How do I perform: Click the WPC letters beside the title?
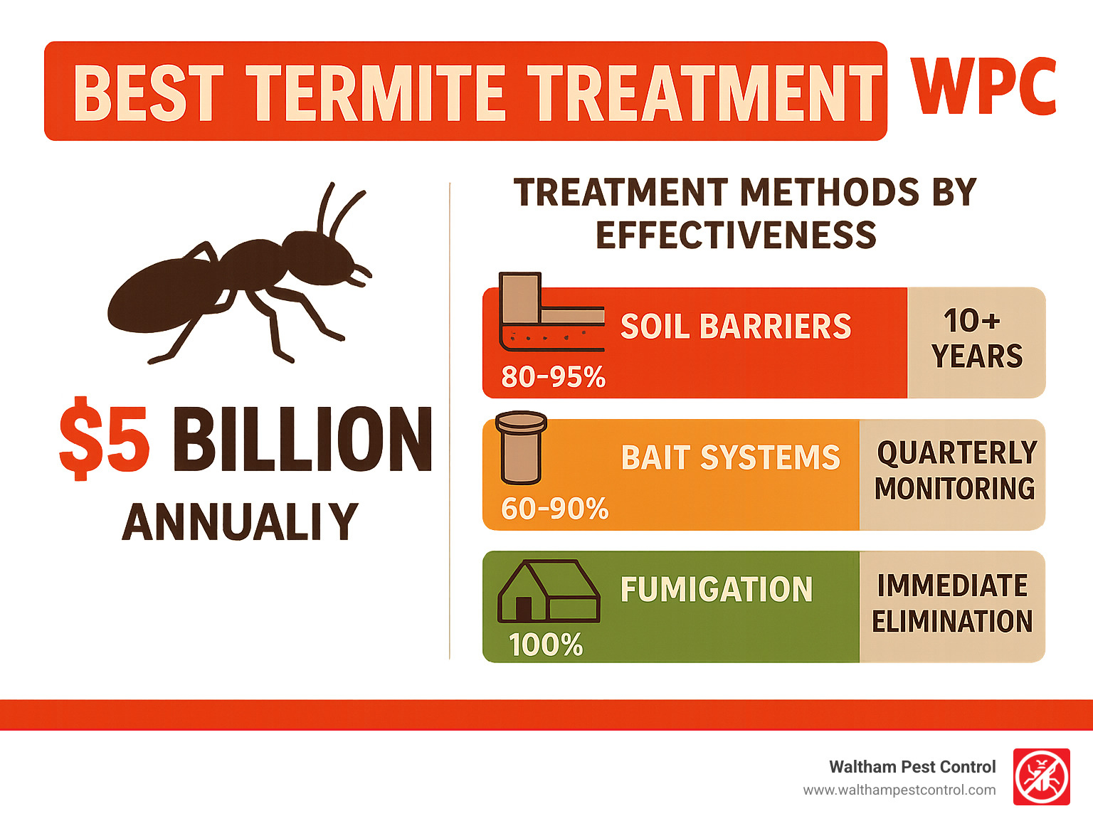pos(983,87)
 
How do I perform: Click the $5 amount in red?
pos(104,439)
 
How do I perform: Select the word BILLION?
pos(302,439)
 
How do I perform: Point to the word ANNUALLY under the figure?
pos(240,521)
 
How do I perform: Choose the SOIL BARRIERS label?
pos(736,326)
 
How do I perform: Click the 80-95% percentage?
pos(553,376)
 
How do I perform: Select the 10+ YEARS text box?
pos(976,342)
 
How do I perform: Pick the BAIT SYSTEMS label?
pos(731,457)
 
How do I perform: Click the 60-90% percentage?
pos(555,509)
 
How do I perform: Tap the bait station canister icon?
pos(522,447)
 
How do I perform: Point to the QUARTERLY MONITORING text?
pos(956,470)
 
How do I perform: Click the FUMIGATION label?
pos(717,590)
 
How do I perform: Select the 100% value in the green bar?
pos(546,645)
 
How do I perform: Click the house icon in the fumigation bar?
pos(549,591)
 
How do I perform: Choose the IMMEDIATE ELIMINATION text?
pos(952,603)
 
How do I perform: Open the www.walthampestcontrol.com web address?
pos(899,790)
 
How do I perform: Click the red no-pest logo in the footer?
pos(1042,777)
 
